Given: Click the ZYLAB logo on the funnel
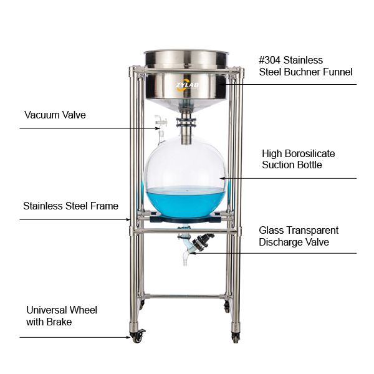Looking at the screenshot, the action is point(188,85).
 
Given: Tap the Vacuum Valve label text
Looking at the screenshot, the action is point(55,115).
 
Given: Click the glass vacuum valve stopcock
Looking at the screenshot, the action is point(161,122).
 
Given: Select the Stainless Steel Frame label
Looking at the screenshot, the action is point(71,206).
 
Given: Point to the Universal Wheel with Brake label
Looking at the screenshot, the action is point(62,316).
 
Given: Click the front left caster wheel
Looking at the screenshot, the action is point(137,337).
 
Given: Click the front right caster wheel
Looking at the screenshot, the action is point(236,337).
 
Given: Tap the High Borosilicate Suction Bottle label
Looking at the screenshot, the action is point(299,159).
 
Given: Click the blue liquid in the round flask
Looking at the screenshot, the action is point(186,202).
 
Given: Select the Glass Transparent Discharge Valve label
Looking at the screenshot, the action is point(299,236).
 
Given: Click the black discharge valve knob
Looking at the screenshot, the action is point(202,241).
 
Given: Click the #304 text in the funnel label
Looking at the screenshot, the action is point(270,60).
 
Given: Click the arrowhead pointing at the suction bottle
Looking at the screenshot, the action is point(222,178).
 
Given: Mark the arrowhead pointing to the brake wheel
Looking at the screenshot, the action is point(128,337).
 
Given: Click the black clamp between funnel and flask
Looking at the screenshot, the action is point(186,122).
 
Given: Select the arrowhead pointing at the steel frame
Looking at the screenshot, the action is point(129,219).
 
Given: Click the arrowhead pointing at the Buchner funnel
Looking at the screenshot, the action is point(221,84).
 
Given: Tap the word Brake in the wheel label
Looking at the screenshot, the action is point(59,322).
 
